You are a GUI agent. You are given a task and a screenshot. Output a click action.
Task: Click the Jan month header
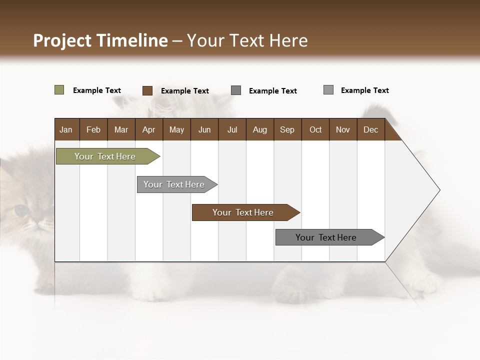click(66, 129)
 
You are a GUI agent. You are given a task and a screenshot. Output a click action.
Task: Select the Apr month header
click(148, 129)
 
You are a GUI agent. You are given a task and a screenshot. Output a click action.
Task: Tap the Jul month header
click(232, 129)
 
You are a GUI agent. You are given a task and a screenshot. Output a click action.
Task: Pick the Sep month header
click(287, 129)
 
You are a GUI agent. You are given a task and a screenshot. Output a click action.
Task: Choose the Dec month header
click(370, 129)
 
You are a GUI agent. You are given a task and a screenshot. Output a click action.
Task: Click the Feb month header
click(93, 129)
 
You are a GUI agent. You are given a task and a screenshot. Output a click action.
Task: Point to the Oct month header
click(315, 129)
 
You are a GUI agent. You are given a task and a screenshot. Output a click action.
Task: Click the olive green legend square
click(59, 90)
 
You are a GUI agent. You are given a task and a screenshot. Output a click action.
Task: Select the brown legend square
click(147, 90)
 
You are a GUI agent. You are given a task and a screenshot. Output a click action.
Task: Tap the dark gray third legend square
click(236, 90)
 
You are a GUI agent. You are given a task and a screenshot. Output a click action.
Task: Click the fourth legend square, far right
click(328, 90)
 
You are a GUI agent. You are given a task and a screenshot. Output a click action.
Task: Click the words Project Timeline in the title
click(100, 40)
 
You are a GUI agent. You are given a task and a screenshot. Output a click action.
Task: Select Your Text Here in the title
click(247, 40)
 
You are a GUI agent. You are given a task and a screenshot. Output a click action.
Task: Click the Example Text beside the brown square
click(184, 91)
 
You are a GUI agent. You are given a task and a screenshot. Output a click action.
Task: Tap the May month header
click(176, 129)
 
